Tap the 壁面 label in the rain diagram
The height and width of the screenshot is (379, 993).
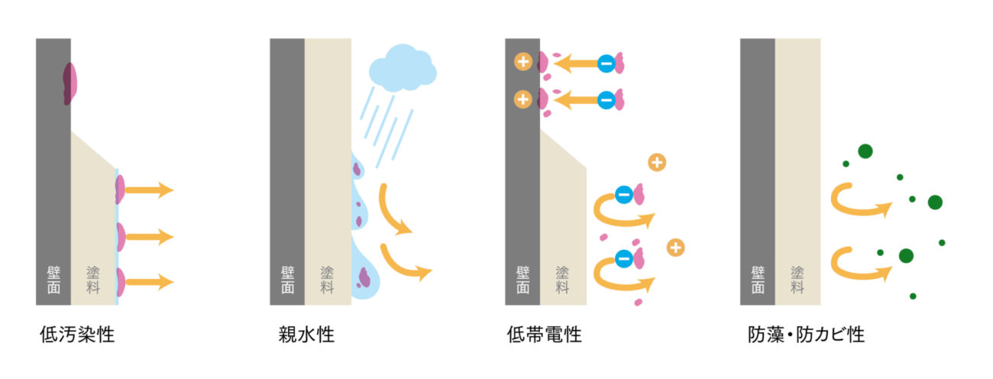pos(287,280)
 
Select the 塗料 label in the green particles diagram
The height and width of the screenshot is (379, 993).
pos(797,280)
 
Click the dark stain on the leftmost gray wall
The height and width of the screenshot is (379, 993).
pos(70,83)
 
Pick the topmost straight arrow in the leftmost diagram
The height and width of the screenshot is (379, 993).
pos(149,189)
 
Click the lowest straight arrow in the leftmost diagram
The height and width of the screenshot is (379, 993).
pos(149,283)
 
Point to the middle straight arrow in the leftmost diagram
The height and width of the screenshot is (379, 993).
pos(149,237)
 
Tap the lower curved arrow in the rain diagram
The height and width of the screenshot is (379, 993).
pos(405,261)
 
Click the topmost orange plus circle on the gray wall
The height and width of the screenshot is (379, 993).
pos(523,62)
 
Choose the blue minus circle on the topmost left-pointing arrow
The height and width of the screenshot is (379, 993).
pos(606,63)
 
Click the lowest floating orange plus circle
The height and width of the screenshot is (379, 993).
pos(675,248)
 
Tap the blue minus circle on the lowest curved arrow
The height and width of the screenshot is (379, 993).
pos(623,259)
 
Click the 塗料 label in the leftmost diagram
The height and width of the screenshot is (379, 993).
pos(92,280)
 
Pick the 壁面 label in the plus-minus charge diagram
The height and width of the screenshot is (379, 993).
pos(522,280)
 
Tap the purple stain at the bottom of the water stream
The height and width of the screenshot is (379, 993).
pos(364,275)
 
